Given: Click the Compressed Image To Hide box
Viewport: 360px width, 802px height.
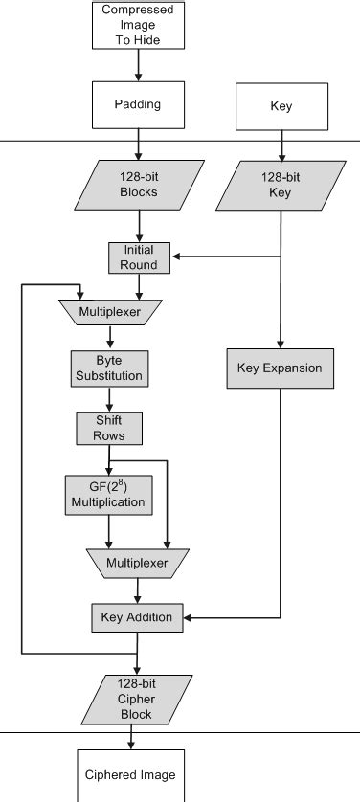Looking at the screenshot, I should click(x=138, y=25).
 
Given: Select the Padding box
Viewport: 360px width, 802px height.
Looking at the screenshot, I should click(x=138, y=105).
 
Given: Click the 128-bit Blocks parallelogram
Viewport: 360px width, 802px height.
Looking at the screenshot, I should click(x=139, y=185).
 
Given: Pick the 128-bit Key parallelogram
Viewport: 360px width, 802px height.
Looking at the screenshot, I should click(x=281, y=185).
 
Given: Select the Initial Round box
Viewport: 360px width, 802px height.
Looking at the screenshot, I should click(x=139, y=256).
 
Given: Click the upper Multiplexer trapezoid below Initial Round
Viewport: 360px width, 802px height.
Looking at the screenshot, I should click(x=108, y=312).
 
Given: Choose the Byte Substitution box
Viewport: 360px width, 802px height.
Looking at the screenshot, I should click(x=108, y=368).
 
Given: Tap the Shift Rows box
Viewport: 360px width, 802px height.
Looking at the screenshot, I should click(x=108, y=429).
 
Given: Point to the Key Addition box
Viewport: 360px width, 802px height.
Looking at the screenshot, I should click(x=137, y=617).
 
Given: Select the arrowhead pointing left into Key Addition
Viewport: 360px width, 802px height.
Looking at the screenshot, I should click(x=187, y=618).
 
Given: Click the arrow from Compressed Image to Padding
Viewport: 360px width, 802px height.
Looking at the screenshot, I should click(x=138, y=65).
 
